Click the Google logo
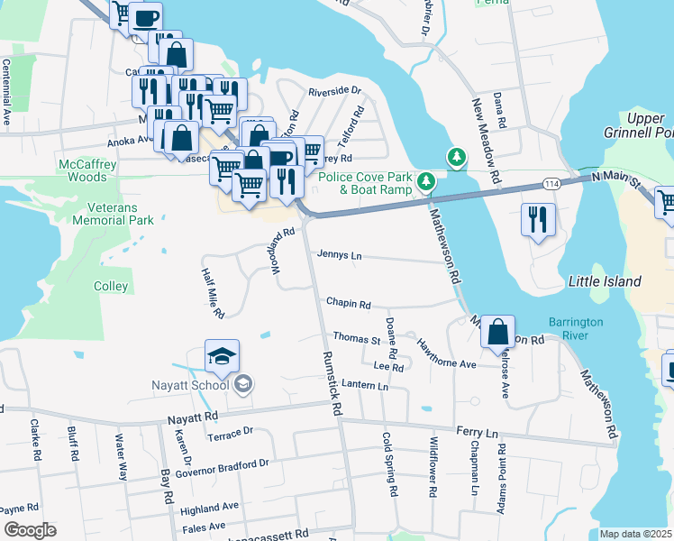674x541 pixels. [30, 530]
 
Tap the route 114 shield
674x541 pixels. [550, 183]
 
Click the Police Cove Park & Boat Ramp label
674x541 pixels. [364, 183]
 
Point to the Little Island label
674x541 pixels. [604, 281]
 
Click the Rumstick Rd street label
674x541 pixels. [332, 382]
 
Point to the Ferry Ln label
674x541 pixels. [477, 434]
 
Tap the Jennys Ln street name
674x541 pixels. [339, 256]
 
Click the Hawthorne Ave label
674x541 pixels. [445, 353]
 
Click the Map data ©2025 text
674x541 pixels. [636, 534]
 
